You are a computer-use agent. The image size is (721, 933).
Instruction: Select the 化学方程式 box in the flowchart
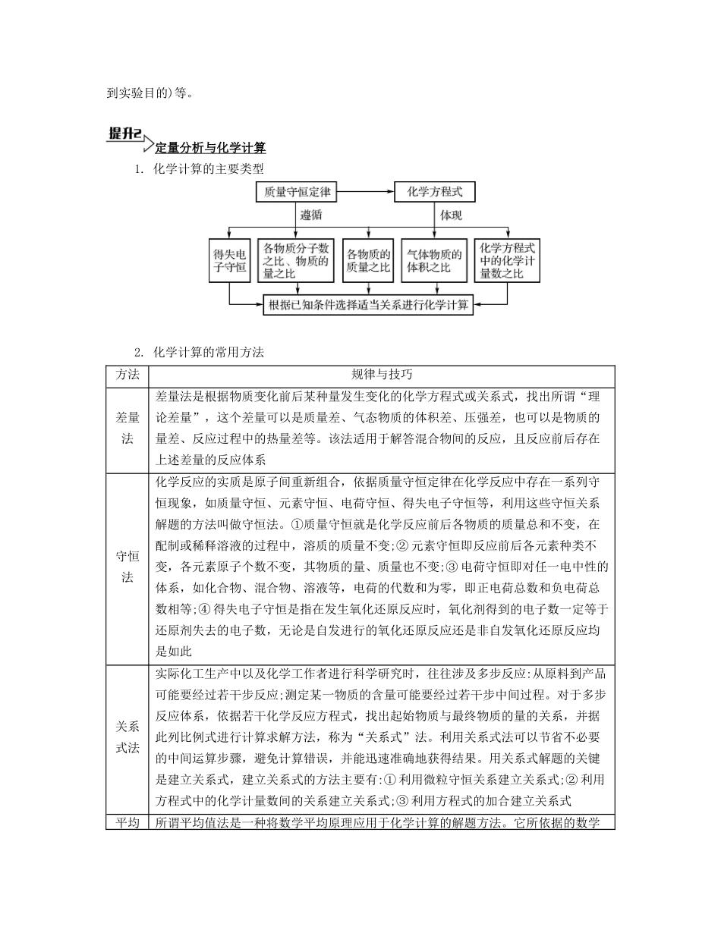(x=435, y=193)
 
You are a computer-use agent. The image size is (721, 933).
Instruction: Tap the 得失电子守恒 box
(x=230, y=260)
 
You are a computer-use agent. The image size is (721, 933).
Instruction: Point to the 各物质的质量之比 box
(x=368, y=260)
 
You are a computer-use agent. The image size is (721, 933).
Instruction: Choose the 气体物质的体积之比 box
(x=434, y=260)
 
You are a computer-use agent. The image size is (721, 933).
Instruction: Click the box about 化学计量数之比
(x=507, y=260)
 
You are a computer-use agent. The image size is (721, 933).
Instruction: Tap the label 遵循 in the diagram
(x=311, y=215)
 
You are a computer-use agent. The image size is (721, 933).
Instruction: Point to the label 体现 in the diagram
(x=452, y=215)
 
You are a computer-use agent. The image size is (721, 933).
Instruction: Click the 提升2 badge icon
(x=125, y=134)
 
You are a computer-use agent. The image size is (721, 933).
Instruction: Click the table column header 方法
(x=128, y=375)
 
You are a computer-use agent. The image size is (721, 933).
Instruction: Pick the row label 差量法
(x=128, y=429)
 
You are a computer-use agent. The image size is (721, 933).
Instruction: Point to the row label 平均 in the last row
(x=128, y=822)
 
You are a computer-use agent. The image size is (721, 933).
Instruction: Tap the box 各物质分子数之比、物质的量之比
(x=296, y=260)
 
